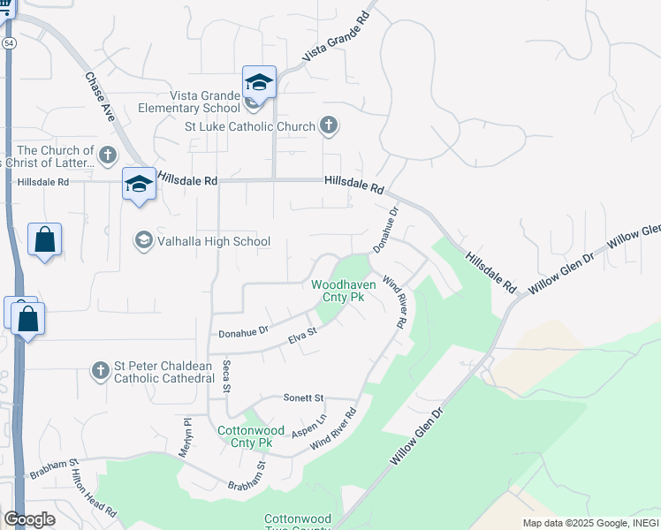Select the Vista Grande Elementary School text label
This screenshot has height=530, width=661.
click(x=188, y=102)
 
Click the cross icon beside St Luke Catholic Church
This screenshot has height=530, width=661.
click(x=328, y=126)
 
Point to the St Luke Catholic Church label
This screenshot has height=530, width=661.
click(x=249, y=126)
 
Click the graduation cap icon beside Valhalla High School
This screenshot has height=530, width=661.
click(x=142, y=240)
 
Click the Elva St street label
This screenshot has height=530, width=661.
click(x=302, y=337)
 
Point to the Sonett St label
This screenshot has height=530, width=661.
click(x=304, y=398)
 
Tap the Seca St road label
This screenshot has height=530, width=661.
click(x=226, y=375)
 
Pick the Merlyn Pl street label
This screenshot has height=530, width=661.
click(x=186, y=436)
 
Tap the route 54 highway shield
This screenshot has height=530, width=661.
click(x=8, y=42)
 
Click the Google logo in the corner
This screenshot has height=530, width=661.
click(x=30, y=519)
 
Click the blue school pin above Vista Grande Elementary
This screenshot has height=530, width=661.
click(x=259, y=82)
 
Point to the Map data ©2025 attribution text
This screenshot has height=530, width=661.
click(x=590, y=523)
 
